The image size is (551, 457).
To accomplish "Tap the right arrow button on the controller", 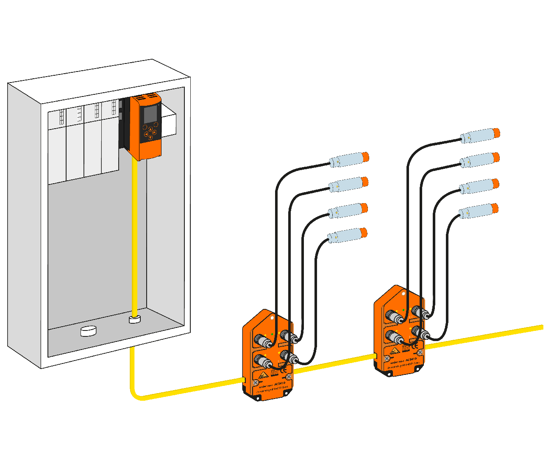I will click(154, 132).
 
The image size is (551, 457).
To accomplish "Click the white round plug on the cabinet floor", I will click(89, 330).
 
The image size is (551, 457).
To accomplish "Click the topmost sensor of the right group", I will click(479, 136).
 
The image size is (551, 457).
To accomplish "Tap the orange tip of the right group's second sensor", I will click(496, 158).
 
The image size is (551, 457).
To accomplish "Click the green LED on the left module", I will click(272, 334).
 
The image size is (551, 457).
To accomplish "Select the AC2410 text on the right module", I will click(411, 360).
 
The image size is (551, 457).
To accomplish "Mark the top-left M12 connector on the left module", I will click(259, 340).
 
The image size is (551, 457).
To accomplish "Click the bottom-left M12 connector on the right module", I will click(392, 337).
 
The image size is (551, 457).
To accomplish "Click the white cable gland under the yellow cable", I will click(135, 319).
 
